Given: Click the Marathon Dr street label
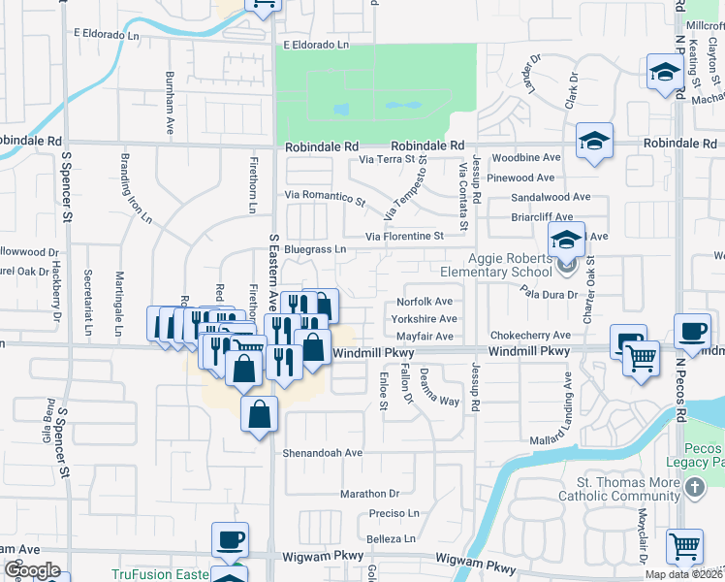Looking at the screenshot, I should [x=369, y=494].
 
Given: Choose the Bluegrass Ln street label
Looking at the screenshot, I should [x=315, y=249].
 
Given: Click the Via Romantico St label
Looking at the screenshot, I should [x=326, y=198].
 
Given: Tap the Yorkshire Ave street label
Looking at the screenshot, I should [x=424, y=319].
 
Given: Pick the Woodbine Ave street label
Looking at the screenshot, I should [x=526, y=157].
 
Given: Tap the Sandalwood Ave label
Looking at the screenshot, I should [x=546, y=197].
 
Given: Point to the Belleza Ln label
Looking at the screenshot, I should [x=391, y=538].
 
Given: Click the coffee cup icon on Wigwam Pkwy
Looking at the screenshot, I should [x=231, y=539].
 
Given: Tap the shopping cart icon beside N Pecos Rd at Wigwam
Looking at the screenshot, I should [x=685, y=546].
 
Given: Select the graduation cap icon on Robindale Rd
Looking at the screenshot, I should [x=594, y=141].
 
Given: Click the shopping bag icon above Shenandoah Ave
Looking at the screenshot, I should [x=260, y=414].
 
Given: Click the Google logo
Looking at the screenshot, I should [x=32, y=570].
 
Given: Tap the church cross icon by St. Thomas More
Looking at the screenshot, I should [x=694, y=490].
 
